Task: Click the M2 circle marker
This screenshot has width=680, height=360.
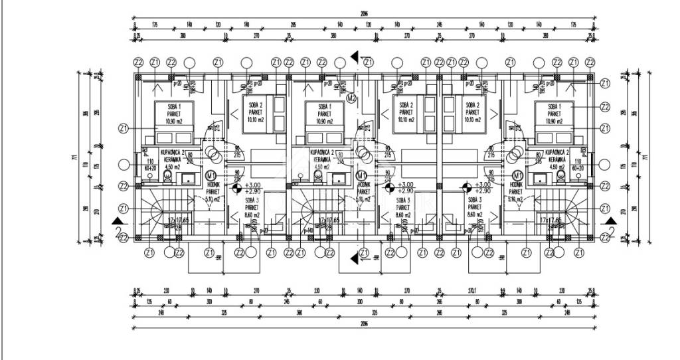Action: (353, 98)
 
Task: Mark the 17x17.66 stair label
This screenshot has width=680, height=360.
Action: (551, 220)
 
